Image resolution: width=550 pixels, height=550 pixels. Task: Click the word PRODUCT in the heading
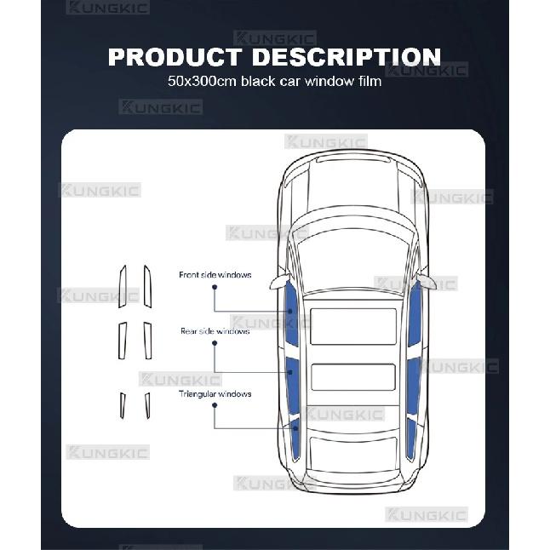[x=175, y=56]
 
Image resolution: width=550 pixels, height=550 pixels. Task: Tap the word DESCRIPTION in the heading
[x=347, y=56]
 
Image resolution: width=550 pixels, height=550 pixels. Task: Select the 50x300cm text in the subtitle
[x=202, y=81]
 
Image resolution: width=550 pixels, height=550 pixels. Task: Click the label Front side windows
[x=215, y=275]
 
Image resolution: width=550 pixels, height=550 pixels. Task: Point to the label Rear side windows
[x=215, y=331]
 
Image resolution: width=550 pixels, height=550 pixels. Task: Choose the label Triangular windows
[x=215, y=394]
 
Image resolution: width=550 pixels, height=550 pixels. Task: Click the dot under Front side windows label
[x=215, y=287]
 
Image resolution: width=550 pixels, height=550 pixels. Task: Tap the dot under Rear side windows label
[x=215, y=343]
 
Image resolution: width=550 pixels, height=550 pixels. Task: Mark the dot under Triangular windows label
[x=215, y=405]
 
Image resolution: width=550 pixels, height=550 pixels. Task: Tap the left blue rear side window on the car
[x=292, y=385]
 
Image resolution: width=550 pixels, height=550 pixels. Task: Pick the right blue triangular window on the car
[x=411, y=438]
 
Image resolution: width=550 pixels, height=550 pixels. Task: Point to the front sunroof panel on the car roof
[x=353, y=326]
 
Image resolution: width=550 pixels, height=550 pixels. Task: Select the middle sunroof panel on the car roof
[x=353, y=377]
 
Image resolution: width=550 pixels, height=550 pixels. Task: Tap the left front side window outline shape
[x=122, y=287]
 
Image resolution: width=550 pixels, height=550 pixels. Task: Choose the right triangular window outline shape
[x=147, y=405]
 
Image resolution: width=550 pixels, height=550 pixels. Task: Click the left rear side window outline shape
[x=122, y=341]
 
